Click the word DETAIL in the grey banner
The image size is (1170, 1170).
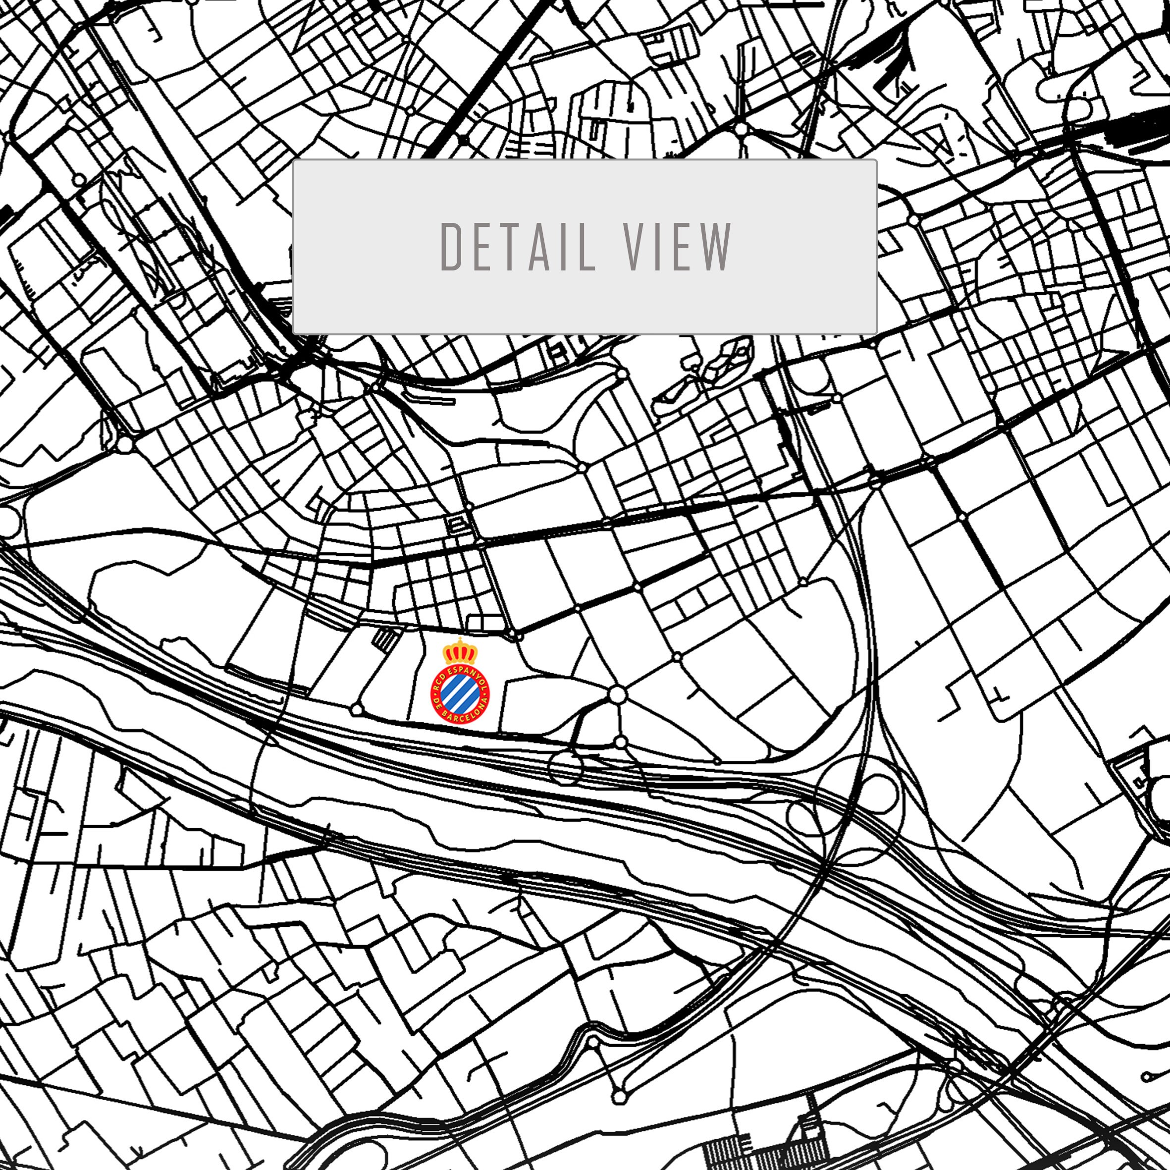(x=518, y=247)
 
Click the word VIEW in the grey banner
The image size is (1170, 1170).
(x=678, y=247)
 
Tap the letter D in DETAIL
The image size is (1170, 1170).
(x=451, y=247)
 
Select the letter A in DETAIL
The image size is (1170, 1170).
(x=541, y=247)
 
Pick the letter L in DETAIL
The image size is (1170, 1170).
(x=586, y=247)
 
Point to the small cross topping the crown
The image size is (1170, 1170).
(x=460, y=639)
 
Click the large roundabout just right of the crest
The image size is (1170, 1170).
(x=617, y=694)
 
